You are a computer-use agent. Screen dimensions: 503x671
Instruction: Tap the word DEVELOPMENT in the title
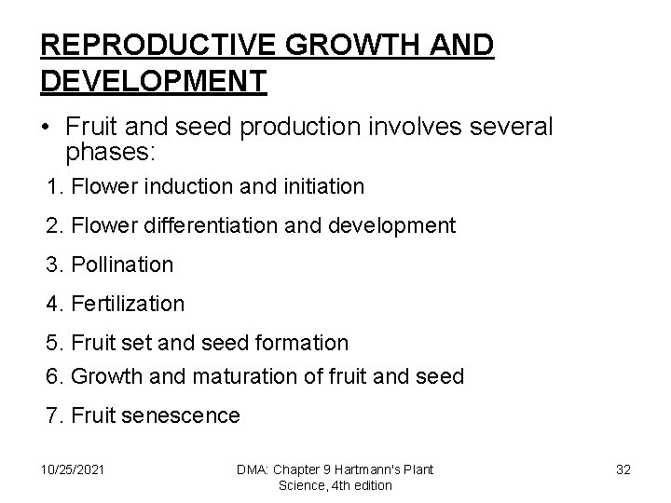(154, 80)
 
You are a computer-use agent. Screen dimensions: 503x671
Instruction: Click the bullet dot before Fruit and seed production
(47, 127)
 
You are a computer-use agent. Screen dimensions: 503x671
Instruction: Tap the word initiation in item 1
(318, 187)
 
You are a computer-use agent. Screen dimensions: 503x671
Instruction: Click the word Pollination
(121, 265)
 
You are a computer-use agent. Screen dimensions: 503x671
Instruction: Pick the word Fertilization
(128, 304)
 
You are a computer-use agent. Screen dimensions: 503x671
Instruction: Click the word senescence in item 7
(185, 415)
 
